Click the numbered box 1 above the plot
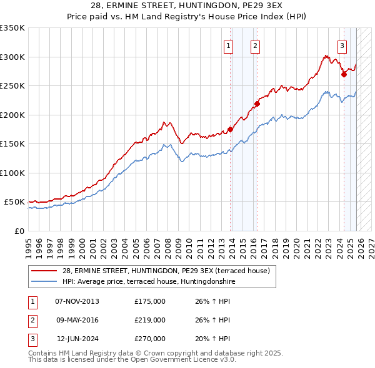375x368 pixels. pos(229,45)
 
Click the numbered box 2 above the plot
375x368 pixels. pos(256,45)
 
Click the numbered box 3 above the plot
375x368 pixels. pos(342,45)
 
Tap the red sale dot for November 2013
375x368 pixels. pos(230,130)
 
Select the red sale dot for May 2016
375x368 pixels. pos(256,104)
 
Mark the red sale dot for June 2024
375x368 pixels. pos(344,74)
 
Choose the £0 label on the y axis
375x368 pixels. pos(19,231)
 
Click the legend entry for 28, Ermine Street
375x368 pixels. pos(166,271)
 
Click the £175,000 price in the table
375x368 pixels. pos(150,301)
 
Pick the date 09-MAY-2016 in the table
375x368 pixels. pos(77,320)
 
